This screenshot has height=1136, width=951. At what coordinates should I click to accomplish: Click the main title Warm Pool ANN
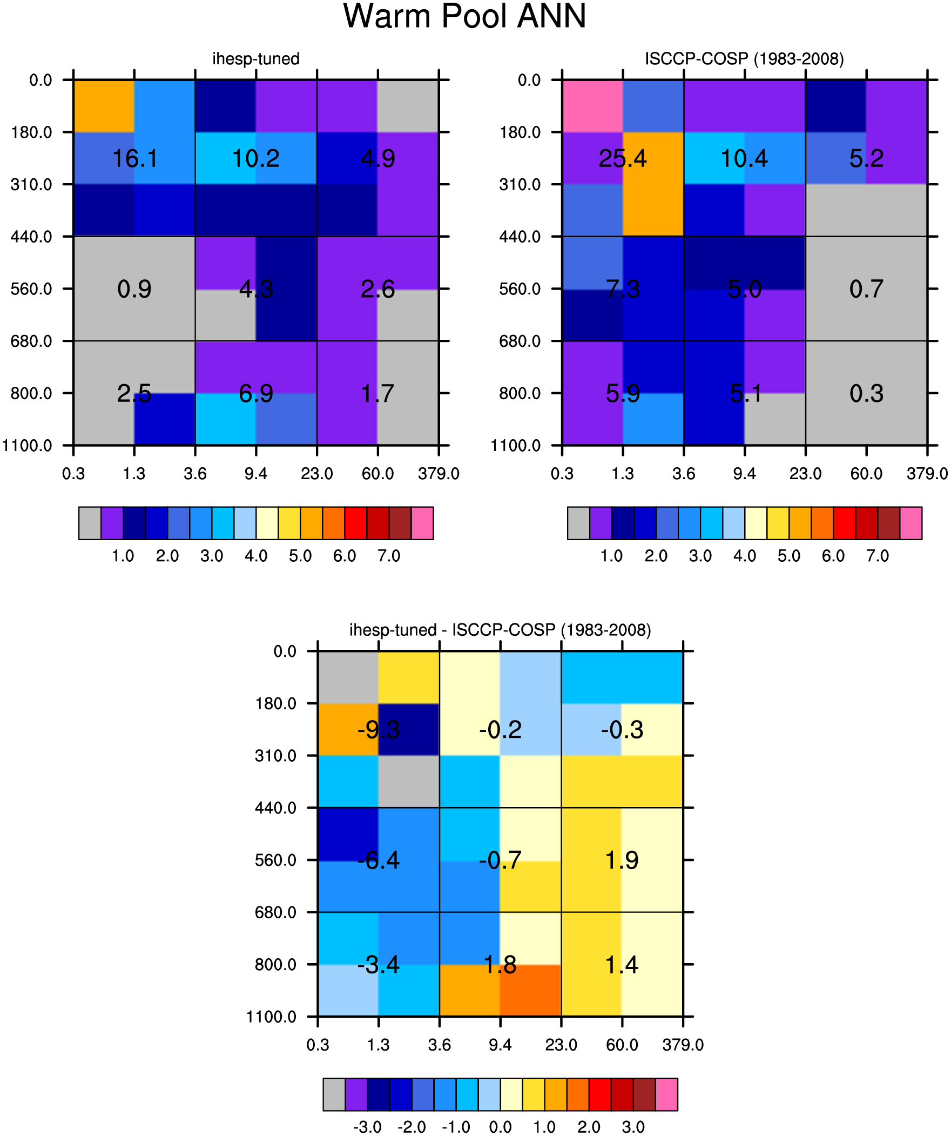[x=464, y=16]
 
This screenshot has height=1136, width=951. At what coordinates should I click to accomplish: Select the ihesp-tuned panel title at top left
[x=256, y=58]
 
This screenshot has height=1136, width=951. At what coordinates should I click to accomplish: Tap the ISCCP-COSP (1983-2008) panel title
[x=744, y=58]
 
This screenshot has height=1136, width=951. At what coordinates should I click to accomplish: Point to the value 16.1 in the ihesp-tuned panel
[x=134, y=158]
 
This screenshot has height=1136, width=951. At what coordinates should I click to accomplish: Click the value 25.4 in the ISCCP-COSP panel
[x=623, y=158]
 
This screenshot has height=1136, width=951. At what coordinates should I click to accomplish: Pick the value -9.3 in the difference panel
[x=378, y=730]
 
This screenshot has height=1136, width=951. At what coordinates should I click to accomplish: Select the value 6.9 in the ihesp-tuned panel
[x=256, y=393]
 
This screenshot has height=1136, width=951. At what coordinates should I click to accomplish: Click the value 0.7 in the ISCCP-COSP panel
[x=866, y=289]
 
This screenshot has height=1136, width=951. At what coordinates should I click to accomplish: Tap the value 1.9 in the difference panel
[x=622, y=860]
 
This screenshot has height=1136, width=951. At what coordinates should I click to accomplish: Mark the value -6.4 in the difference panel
[x=378, y=860]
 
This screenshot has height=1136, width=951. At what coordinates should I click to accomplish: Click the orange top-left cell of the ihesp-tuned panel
[x=104, y=106]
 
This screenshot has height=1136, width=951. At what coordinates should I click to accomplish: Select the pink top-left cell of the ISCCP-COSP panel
[x=592, y=106]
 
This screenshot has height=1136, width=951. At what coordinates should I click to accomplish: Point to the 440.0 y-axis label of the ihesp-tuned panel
[x=31, y=237]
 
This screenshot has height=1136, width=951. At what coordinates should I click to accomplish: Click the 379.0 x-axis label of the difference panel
[x=683, y=1045]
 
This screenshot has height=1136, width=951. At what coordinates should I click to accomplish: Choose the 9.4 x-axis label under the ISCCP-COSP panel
[x=744, y=474]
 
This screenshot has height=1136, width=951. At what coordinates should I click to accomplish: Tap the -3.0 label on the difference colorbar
[x=367, y=1127]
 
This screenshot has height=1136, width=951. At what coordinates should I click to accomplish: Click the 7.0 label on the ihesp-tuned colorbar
[x=389, y=555]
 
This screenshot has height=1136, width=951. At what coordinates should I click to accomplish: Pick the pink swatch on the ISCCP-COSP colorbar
[x=911, y=523]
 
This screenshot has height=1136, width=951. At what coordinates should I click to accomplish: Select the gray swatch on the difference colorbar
[x=334, y=1094]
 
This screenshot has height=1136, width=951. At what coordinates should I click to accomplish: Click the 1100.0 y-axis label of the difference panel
[x=272, y=1017]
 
